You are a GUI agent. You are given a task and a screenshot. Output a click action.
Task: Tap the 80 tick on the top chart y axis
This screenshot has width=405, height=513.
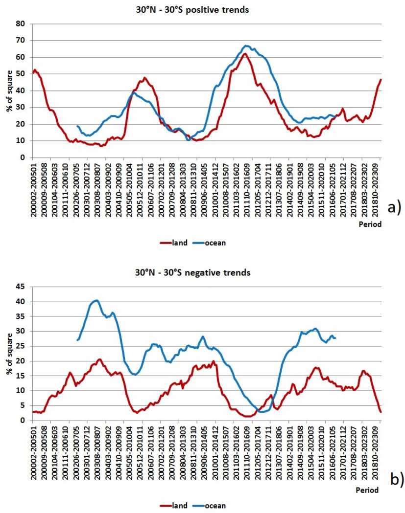[x=21, y=23]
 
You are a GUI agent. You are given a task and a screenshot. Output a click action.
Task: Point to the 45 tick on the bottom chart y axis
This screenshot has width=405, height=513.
[x=21, y=287]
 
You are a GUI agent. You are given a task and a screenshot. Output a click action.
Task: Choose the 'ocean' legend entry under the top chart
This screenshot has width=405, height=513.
[x=211, y=243]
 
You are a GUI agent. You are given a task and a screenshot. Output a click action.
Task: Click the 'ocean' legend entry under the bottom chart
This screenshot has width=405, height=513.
[x=211, y=506]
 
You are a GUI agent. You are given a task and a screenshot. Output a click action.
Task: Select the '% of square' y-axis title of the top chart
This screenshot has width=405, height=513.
[x=9, y=91]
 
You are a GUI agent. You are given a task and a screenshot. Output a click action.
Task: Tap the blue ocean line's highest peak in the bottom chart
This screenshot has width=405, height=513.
[x=96, y=300]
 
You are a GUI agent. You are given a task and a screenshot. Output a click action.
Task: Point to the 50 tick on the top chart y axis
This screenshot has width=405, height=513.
[x=21, y=74]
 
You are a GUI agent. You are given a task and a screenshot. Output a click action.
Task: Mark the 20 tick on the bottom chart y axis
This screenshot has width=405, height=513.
[x=21, y=361]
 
